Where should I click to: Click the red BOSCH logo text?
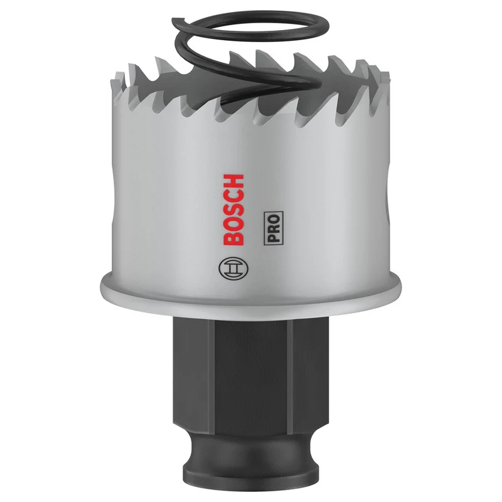[233, 210]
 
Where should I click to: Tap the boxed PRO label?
[274, 228]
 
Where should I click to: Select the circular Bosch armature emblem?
[233, 268]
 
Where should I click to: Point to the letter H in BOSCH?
[233, 181]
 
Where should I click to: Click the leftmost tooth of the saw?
[118, 84]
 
